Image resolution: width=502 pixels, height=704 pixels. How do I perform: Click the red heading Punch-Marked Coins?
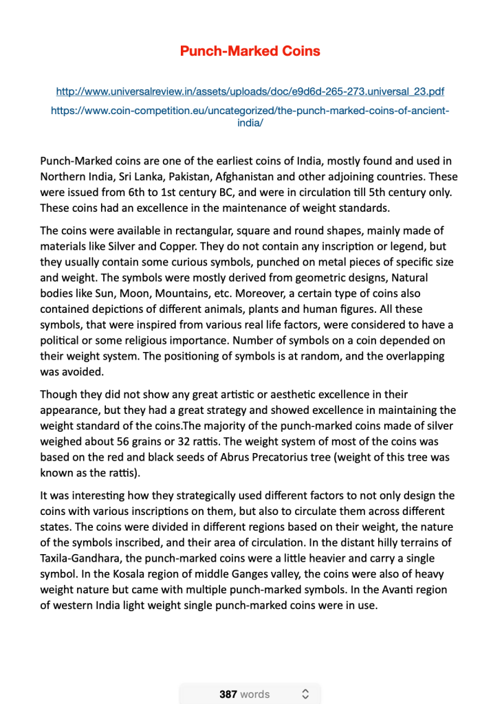click(250, 51)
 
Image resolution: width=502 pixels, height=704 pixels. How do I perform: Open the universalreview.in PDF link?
click(250, 91)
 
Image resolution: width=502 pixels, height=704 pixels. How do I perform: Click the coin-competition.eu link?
click(250, 110)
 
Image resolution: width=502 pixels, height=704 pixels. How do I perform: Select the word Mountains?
click(182, 294)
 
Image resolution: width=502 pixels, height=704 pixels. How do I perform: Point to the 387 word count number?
click(228, 694)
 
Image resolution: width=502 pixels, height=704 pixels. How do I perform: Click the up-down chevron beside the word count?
click(305, 694)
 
